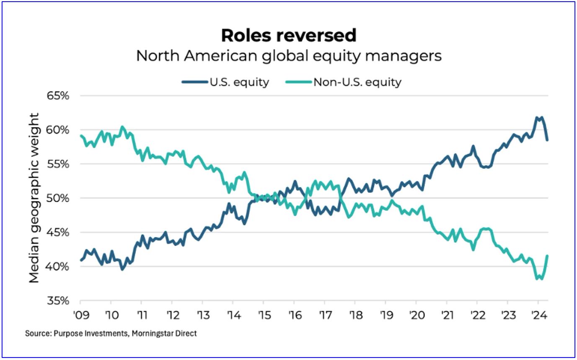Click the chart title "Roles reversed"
tap(289, 36)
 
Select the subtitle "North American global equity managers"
tap(289, 56)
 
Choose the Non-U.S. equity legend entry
tap(344, 82)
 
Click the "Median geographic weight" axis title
tap(34, 197)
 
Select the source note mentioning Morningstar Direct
tap(111, 334)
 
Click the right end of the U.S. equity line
tap(547, 140)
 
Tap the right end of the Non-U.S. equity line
tap(547, 256)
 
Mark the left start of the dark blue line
tap(81, 260)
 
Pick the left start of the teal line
tap(81, 135)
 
